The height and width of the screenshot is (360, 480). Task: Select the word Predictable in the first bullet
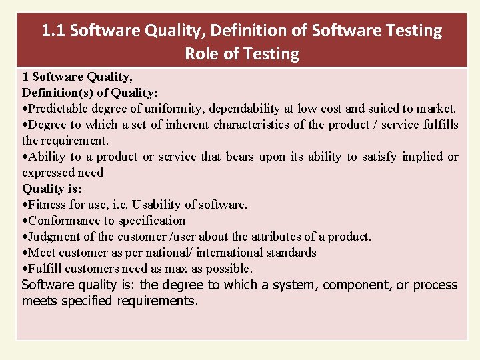point(58,109)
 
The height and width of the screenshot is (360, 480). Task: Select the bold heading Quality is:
point(52,189)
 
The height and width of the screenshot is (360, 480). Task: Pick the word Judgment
point(55,237)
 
